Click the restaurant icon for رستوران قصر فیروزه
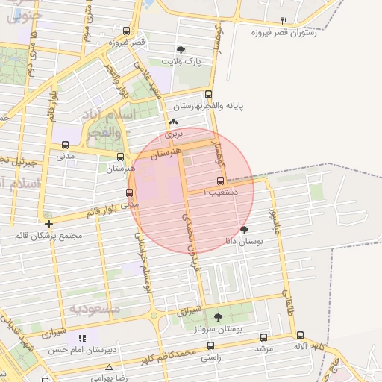click(283, 21)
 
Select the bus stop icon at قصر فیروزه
click(127, 31)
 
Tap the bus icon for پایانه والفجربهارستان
click(208, 95)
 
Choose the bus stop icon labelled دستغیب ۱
click(220, 181)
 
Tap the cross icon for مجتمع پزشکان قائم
click(48, 224)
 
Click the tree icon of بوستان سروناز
click(218, 317)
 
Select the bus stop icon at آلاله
click(300, 336)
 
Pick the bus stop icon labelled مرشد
click(263, 337)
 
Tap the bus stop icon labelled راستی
click(210, 346)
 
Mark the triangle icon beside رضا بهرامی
click(110, 368)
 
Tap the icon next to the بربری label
click(174, 122)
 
